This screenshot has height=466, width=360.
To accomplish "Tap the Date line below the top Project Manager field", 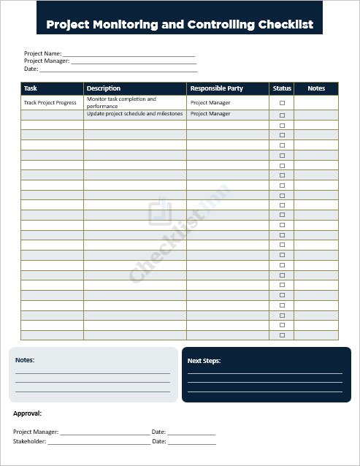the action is point(118,69).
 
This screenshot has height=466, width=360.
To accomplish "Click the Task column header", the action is point(31,88).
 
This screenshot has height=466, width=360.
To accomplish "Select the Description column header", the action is point(104,88).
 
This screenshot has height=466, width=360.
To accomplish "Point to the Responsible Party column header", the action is point(216,88).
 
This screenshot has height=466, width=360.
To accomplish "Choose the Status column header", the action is point(282,88).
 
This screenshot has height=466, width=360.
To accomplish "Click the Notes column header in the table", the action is point(316,88).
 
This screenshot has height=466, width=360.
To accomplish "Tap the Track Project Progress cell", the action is point(50,103).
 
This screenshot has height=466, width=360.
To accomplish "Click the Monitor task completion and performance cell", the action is point(121,102).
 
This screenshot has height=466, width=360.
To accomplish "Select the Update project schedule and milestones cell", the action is point(134,114).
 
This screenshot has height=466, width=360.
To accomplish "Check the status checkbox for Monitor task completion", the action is point(282,103).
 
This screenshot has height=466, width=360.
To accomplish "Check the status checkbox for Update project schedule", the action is point(282,115).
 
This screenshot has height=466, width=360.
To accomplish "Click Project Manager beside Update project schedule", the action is point(210,114).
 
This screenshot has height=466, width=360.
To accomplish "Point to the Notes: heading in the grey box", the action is point(25,360).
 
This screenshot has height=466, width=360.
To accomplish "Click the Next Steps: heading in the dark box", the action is point(204,361).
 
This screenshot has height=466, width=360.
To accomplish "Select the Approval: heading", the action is point(27,414).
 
